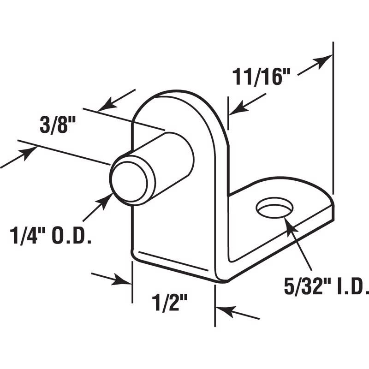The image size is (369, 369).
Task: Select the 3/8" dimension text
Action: click(56, 126)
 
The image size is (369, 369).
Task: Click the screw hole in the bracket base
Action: click(275, 208)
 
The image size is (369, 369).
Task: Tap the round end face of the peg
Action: click(129, 180)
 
